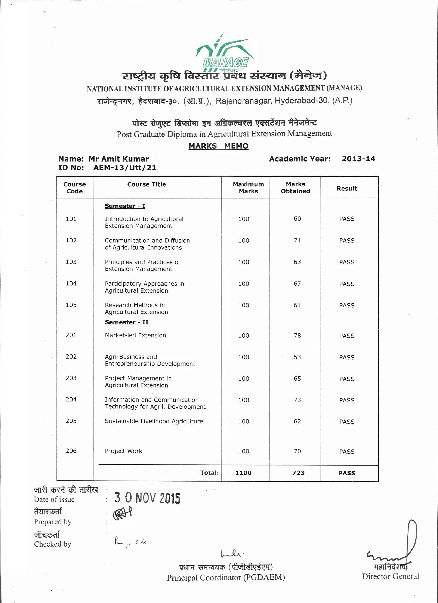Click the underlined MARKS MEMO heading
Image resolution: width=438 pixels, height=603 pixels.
tap(219, 146)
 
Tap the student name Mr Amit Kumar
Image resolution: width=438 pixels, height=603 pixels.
tap(118, 159)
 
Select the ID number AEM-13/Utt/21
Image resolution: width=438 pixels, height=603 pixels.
tap(125, 168)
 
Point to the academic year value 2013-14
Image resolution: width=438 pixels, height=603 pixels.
tap(358, 159)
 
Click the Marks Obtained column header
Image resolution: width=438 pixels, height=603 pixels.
tap(295, 187)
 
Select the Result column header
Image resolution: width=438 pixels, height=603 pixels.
tap(347, 189)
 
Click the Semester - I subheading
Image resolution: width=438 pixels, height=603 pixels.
tap(125, 206)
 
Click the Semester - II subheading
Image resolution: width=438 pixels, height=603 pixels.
tap(127, 322)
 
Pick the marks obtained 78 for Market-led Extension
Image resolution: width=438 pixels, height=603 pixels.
tap(297, 336)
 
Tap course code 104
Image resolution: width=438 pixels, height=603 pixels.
tap(71, 284)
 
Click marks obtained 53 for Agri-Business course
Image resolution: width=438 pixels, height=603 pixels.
tap(297, 357)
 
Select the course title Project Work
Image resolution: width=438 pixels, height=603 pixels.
tap(123, 451)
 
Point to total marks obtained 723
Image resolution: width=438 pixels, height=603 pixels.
tap(298, 473)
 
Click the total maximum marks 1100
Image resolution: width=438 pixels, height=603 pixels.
tap(243, 473)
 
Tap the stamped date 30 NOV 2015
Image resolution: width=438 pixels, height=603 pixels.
tap(147, 498)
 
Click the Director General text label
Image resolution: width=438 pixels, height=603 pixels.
tap(390, 576)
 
